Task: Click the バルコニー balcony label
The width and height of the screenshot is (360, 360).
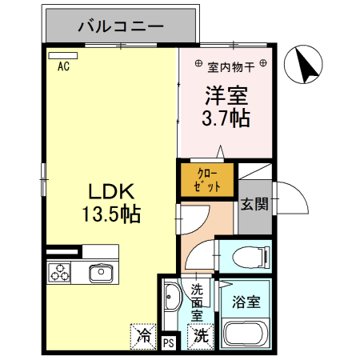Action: click(121, 26)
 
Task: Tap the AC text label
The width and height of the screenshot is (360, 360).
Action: click(63, 67)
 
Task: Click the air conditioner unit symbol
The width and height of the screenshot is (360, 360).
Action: click(59, 56)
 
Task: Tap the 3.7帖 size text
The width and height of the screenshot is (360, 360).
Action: click(225, 119)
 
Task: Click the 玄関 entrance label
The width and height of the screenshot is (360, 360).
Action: click(255, 205)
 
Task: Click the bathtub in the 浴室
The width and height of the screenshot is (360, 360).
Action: click(248, 334)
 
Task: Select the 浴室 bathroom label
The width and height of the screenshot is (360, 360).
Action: click(246, 302)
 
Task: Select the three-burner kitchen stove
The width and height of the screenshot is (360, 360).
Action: click(61, 273)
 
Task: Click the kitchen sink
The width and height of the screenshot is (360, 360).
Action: click(101, 274)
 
